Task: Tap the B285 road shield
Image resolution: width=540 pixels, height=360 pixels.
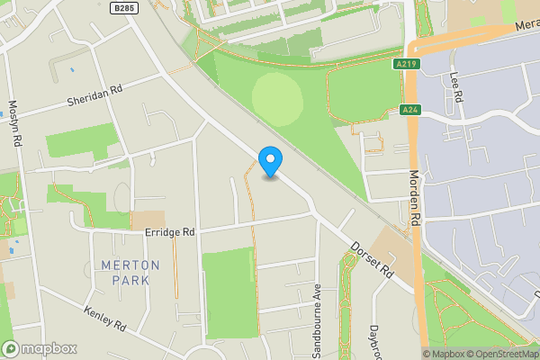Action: [124, 7]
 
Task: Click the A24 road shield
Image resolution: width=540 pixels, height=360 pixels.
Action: [409, 110]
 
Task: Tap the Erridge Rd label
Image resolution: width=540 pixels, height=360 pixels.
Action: [170, 232]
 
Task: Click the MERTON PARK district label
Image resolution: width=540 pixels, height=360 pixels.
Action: [130, 273]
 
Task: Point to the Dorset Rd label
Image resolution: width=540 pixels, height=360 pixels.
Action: [373, 257]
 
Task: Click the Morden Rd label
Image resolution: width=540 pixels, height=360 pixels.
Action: [415, 198]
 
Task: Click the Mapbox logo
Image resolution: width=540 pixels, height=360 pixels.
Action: [40, 348]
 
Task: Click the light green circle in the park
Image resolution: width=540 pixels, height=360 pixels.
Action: [276, 99]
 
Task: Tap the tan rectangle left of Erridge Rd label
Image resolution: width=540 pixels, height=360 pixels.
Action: [148, 220]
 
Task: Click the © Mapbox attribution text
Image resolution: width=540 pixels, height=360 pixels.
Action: [445, 354]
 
